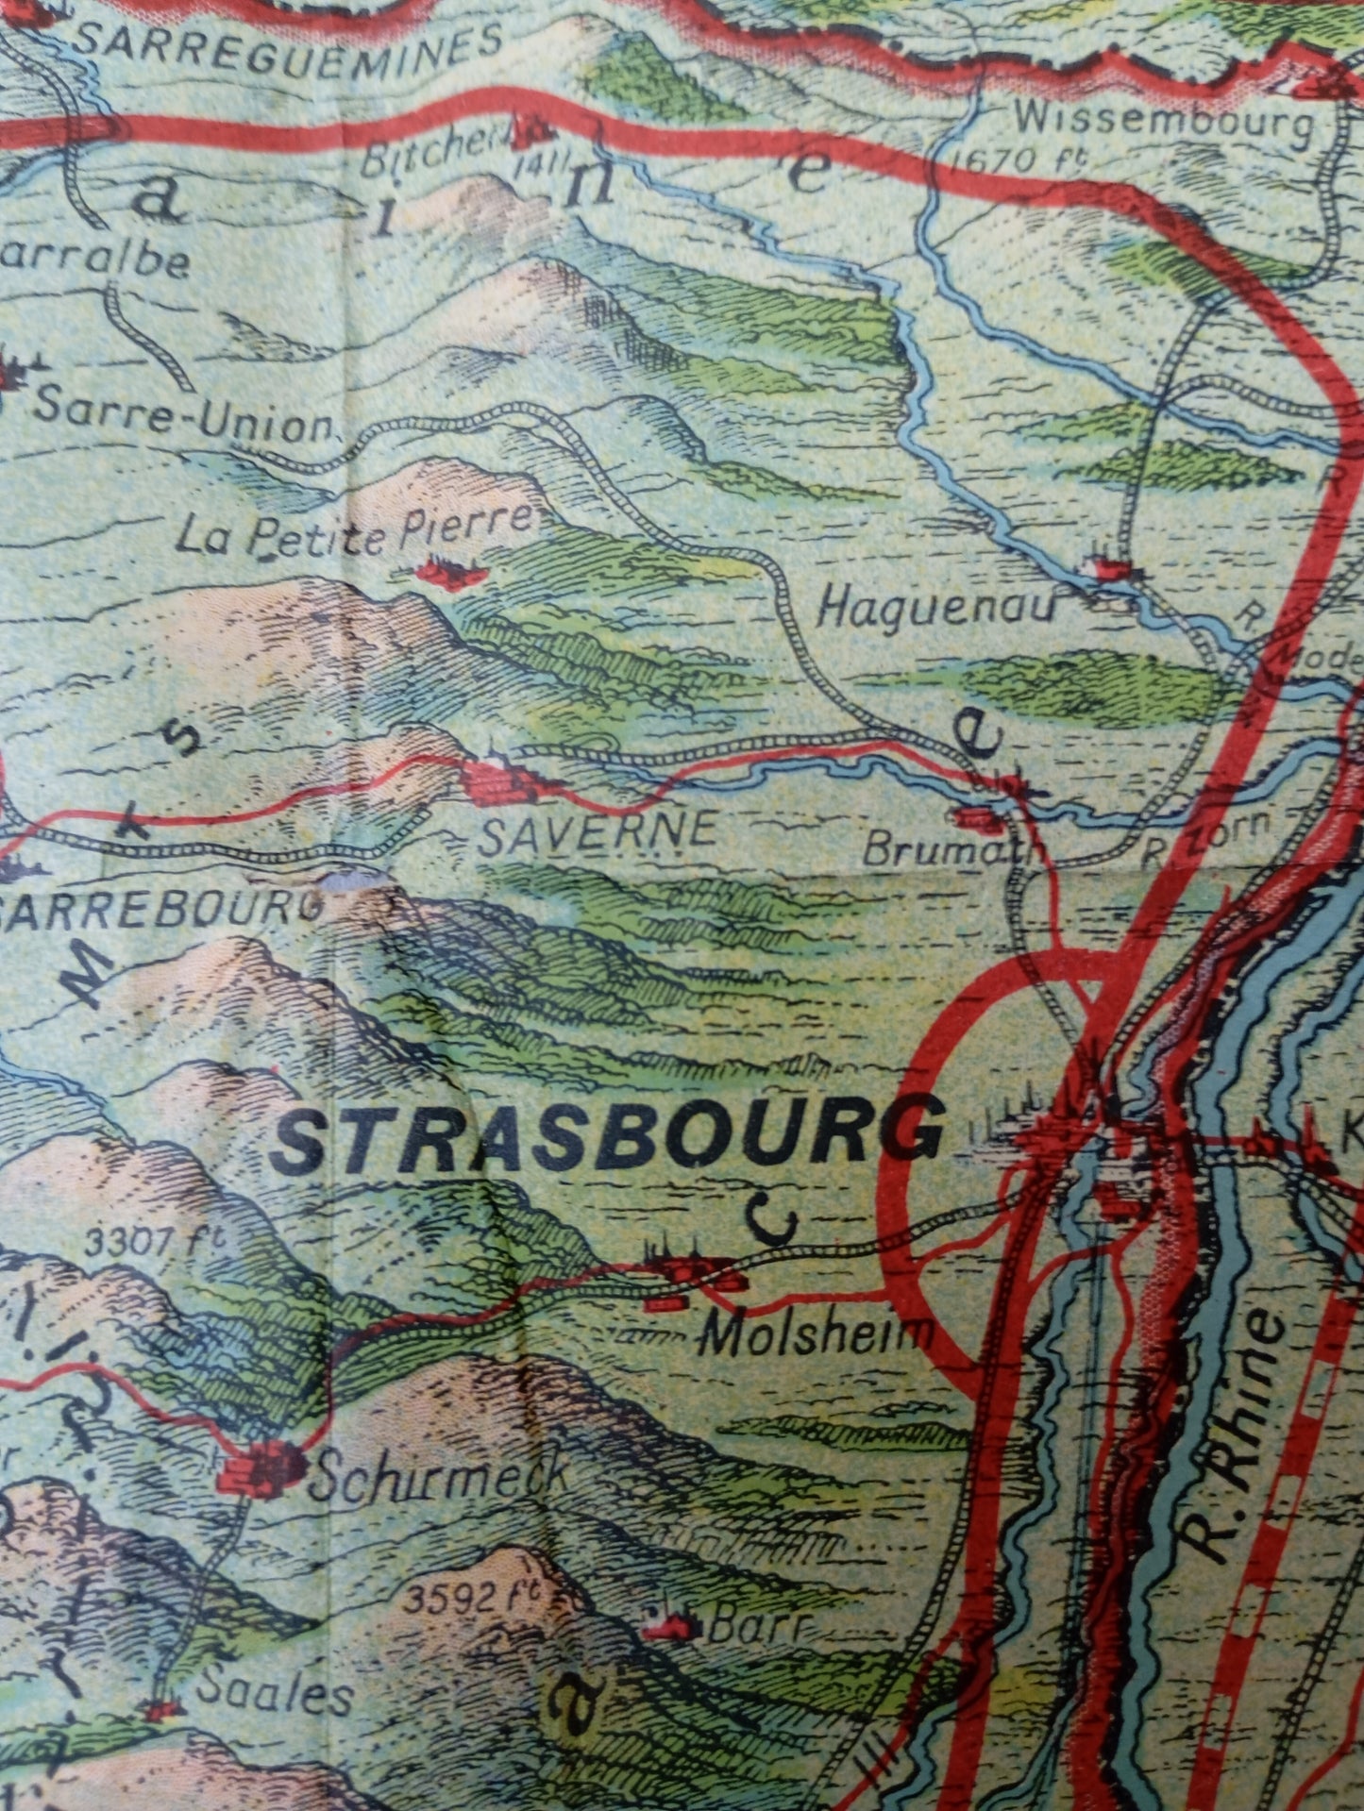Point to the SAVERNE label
click(x=597, y=831)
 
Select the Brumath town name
click(x=953, y=851)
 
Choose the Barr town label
click(x=746, y=1626)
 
